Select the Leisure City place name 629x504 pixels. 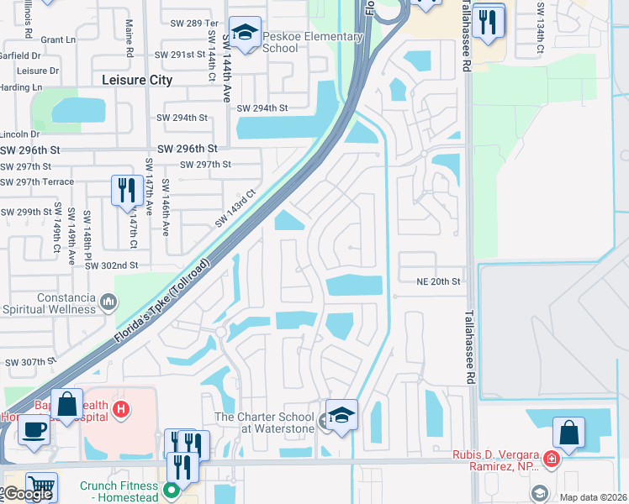coord(136,80)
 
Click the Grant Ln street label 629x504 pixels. coord(58,39)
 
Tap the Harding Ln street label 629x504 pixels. coord(20,87)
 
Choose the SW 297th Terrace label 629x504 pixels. coord(37,181)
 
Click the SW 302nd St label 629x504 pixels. coord(111,265)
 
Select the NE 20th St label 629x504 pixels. coord(439,281)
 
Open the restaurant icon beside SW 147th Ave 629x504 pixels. coord(127,190)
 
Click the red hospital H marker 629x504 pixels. coord(121,409)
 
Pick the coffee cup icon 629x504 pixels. coord(34,429)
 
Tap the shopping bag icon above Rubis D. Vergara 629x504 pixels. coord(569,433)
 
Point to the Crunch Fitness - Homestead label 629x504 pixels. coord(119,491)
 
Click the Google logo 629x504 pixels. coord(28,494)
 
